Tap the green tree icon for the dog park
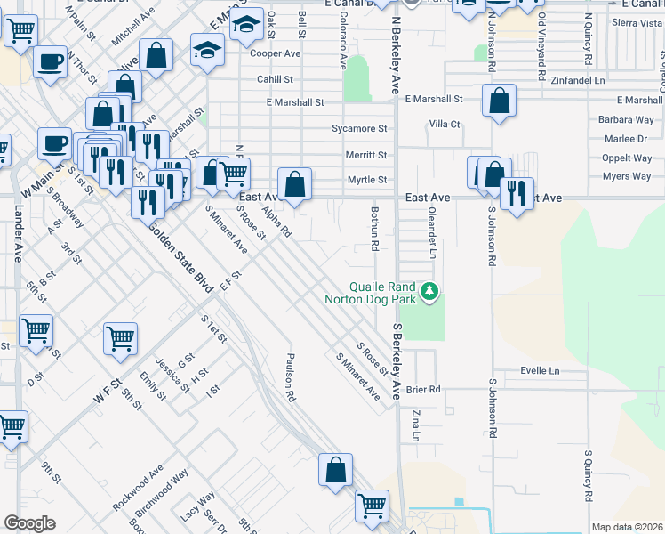pos(430,291)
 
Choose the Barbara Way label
pos(626,119)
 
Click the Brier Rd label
pos(422,390)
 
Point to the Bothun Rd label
pos(375,228)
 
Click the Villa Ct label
pos(445,124)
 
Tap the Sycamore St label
pos(359,128)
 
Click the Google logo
pos(29,523)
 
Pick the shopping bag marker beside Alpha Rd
pos(295,184)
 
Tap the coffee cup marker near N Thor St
pos(49,62)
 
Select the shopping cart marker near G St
pos(120,337)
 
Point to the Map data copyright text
pos(627,527)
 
